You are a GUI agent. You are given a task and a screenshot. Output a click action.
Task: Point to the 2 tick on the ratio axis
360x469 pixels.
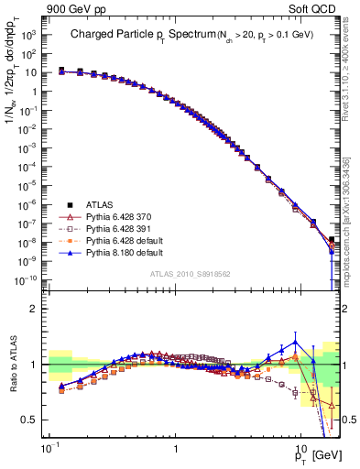click(x=37, y=309)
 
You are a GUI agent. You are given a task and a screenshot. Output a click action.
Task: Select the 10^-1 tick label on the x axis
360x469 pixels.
click(x=48, y=450)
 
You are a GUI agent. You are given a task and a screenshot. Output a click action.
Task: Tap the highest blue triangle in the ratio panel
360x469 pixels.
click(x=295, y=343)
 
